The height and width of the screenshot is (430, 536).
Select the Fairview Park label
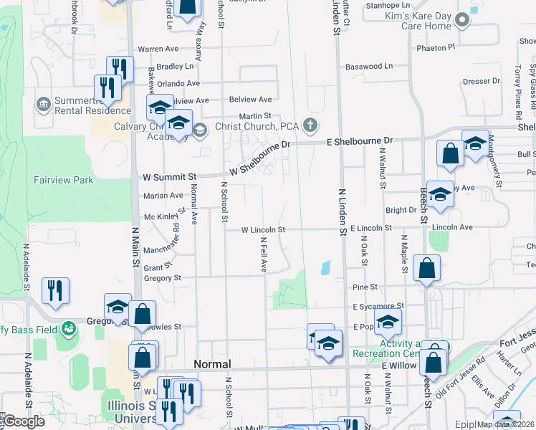point(63,181)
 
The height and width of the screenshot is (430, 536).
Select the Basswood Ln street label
point(369,67)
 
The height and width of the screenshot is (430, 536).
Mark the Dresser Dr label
point(476,81)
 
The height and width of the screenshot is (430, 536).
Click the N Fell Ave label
point(264,254)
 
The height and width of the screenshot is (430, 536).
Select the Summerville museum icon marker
point(43,105)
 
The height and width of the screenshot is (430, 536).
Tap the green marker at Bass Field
point(69,329)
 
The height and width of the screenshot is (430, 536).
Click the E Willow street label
point(399,365)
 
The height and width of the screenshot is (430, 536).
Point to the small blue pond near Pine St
point(326,268)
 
